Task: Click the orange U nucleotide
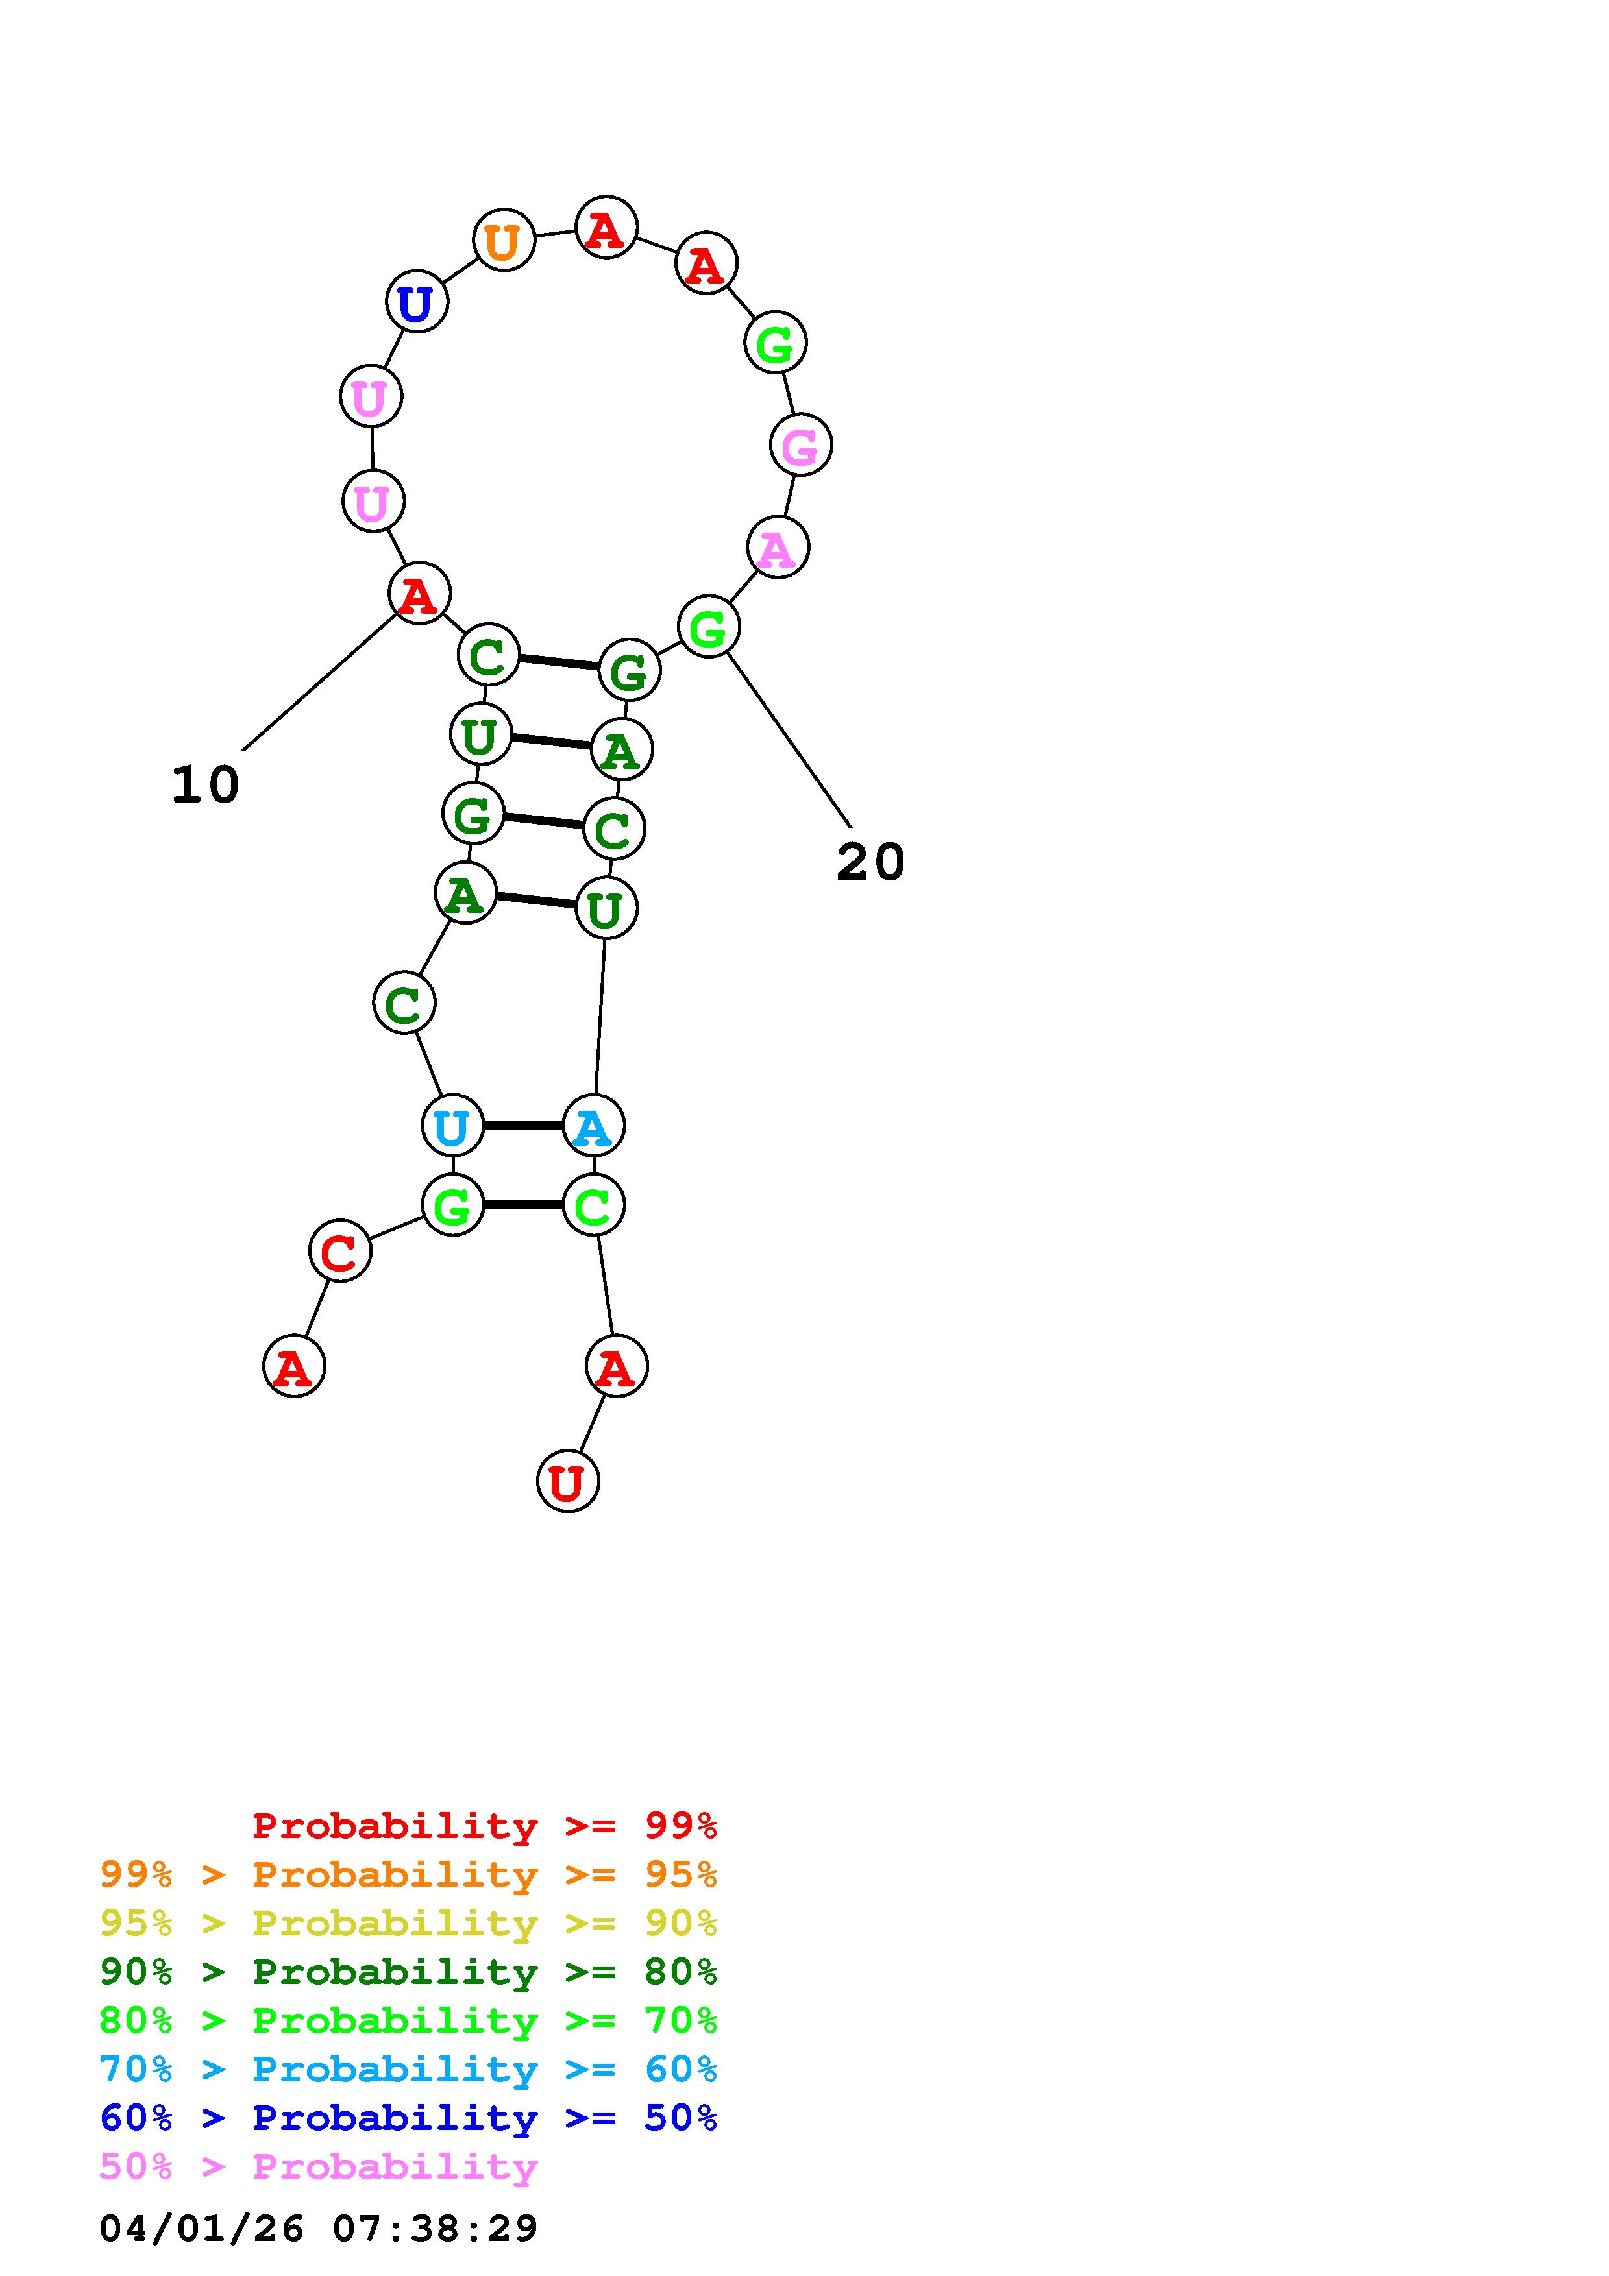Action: coord(504,241)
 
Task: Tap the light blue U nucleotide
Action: coord(452,1126)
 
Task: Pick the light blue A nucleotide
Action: coord(593,1126)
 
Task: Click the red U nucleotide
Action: coord(567,1481)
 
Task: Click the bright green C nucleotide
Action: coord(593,1205)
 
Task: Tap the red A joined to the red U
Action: coord(616,1366)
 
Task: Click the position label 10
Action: coord(205,785)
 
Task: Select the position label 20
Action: coord(870,862)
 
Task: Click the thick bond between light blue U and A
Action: coord(522,1126)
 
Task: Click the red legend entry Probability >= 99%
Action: coord(485,1826)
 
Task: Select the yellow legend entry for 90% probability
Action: coord(408,1923)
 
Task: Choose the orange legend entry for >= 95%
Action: coord(408,1874)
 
